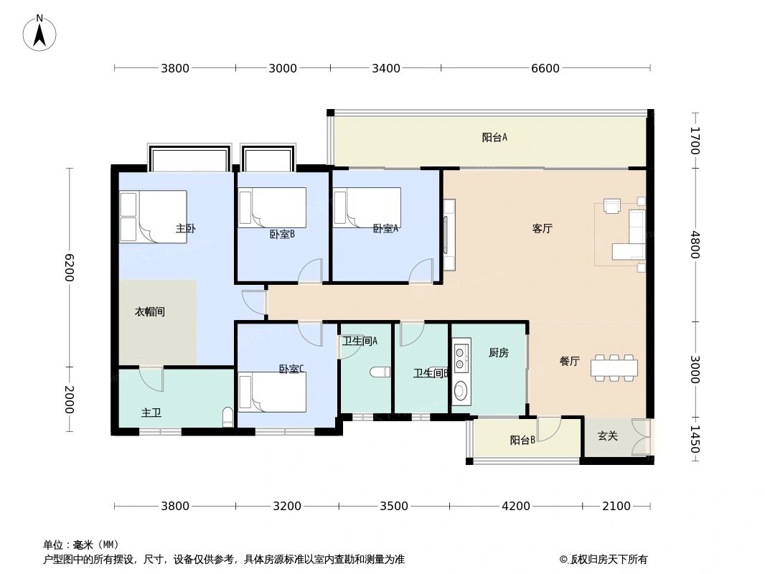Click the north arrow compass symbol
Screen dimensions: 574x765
(x=40, y=32)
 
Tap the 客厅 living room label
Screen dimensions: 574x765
(x=542, y=228)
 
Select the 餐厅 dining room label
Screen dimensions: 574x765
(x=569, y=362)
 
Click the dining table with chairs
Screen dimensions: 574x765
(x=614, y=367)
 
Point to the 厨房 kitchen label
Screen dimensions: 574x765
(x=498, y=352)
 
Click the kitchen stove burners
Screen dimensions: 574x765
(x=461, y=354)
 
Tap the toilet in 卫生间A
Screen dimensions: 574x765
(x=379, y=372)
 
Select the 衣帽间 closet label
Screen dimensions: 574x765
(x=150, y=312)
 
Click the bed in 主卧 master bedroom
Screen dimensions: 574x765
(x=153, y=217)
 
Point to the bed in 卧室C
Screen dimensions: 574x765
(x=272, y=392)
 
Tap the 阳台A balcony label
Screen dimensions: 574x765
(x=494, y=138)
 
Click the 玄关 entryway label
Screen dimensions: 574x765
(x=608, y=436)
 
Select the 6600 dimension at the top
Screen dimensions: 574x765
(x=545, y=68)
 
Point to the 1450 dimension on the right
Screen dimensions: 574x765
(x=694, y=438)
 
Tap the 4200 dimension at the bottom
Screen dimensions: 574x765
(x=515, y=506)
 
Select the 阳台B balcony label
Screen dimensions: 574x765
(x=522, y=441)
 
